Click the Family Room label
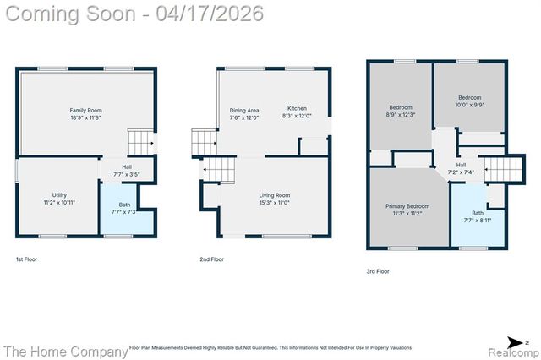click(x=85, y=110)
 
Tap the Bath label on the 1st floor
click(x=124, y=205)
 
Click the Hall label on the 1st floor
click(x=126, y=166)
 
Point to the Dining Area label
click(x=244, y=111)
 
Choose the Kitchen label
click(x=297, y=108)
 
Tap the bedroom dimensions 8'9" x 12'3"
click(x=401, y=115)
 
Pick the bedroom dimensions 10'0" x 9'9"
click(x=469, y=105)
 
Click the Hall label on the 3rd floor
click(x=461, y=165)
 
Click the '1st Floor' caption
click(x=27, y=259)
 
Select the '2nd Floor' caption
click(x=211, y=259)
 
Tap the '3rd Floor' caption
click(x=377, y=271)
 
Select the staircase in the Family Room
click(x=140, y=140)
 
